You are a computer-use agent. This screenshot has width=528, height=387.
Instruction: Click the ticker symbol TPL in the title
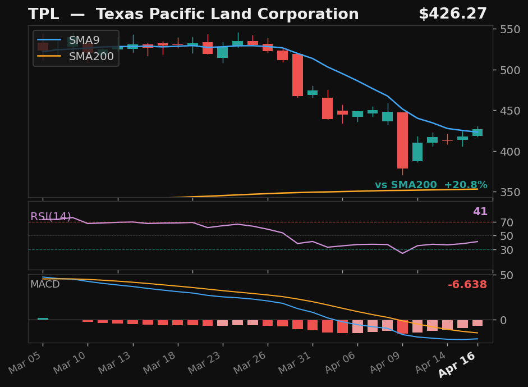pyautogui.click(x=43, y=15)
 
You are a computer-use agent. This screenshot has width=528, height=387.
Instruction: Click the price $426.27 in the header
pyautogui.click(x=452, y=15)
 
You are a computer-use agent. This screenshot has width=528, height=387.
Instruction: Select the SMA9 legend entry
pyautogui.click(x=84, y=40)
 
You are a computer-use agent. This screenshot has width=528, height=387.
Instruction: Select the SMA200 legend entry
pyautogui.click(x=91, y=56)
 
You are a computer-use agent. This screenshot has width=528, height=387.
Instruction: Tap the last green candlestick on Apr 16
pyautogui.click(x=478, y=133)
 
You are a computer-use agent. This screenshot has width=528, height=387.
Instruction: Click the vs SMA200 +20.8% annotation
pyautogui.click(x=431, y=185)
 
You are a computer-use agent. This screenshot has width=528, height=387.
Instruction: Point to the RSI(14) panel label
pyautogui.click(x=50, y=217)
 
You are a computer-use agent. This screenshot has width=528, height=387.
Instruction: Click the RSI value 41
pyautogui.click(x=480, y=212)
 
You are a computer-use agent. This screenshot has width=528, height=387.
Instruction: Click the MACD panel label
pyautogui.click(x=45, y=285)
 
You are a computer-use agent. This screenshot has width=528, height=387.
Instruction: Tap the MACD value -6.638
pyautogui.click(x=467, y=285)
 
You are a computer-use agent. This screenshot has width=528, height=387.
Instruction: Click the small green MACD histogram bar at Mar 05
pyautogui.click(x=43, y=318)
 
